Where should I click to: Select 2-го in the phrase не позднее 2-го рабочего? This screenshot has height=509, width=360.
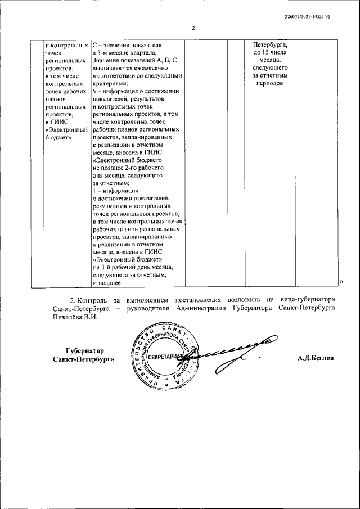(130, 168)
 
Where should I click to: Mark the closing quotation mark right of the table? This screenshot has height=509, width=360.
(341, 282)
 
